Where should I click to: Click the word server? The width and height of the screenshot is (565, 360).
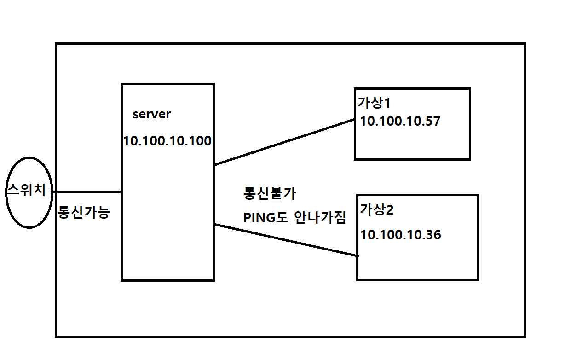pyautogui.click(x=151, y=114)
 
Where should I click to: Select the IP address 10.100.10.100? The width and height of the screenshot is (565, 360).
pyautogui.click(x=167, y=141)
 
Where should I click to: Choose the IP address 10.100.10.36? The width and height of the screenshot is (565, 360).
pyautogui.click(x=401, y=235)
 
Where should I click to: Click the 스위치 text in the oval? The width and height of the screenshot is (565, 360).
pyautogui.click(x=27, y=190)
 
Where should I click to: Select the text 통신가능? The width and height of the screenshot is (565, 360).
pyautogui.click(x=84, y=213)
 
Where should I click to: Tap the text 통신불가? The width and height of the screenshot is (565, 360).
pyautogui.click(x=270, y=193)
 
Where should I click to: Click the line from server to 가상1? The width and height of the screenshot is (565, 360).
pyautogui.click(x=283, y=142)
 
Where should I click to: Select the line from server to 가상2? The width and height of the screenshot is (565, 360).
pyautogui.click(x=285, y=240)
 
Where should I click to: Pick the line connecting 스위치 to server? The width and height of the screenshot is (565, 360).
pyautogui.click(x=87, y=191)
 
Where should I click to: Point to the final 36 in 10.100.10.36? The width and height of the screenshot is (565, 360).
pyautogui.click(x=433, y=235)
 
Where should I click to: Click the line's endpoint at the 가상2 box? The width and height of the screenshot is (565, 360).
pyautogui.click(x=357, y=255)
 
